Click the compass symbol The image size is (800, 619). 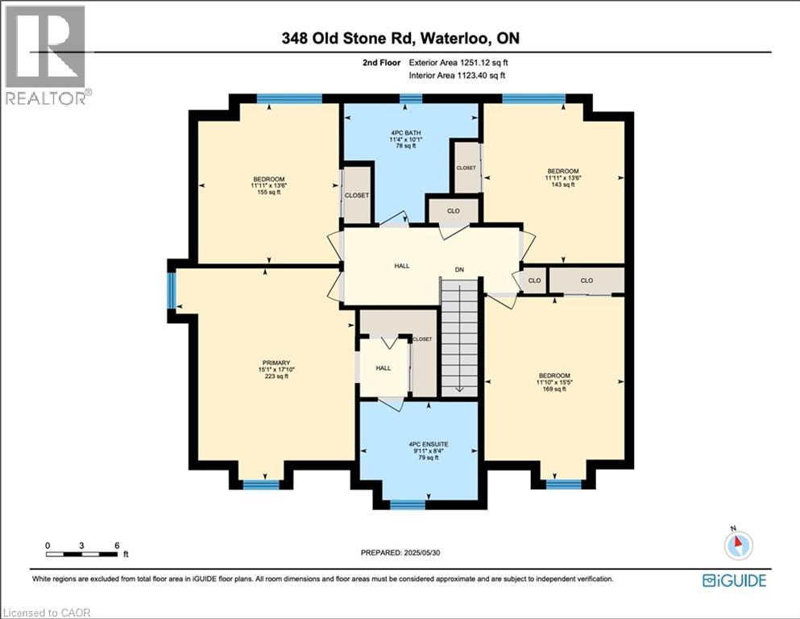tap(737, 544)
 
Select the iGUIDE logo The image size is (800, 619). tap(734, 580)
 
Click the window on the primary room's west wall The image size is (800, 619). tap(171, 291)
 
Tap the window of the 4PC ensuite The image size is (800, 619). tap(407, 505)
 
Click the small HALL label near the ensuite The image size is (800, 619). tap(383, 368)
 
